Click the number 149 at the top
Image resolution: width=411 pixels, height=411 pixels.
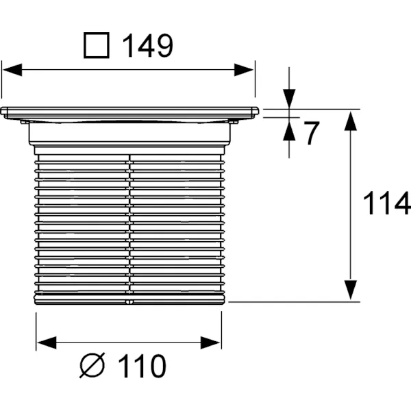147,45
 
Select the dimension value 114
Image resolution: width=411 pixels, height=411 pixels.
386,203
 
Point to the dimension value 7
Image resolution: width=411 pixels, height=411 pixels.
311,133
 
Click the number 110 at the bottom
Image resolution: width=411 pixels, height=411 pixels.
142,366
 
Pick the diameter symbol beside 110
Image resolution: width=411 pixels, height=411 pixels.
92,365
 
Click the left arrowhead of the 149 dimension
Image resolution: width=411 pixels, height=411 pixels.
12,70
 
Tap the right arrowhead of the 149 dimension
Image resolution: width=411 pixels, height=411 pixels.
244,70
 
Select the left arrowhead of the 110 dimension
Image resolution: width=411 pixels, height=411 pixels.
47,342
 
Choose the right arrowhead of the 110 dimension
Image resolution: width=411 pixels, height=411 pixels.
210,342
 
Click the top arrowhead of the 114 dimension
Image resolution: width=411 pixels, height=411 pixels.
351,121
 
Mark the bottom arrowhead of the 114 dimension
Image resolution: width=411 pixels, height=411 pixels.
351,290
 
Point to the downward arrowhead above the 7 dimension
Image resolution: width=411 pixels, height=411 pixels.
289,99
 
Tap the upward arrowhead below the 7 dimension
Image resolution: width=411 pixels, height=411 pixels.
289,131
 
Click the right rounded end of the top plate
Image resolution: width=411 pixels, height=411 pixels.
256,111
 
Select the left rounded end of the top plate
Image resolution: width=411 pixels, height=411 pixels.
4,111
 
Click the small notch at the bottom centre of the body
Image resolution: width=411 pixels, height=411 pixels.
129,302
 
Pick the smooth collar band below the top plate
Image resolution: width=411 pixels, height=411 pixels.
129,134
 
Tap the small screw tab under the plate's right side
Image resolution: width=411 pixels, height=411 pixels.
234,122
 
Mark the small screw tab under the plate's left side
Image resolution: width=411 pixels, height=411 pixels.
25,122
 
